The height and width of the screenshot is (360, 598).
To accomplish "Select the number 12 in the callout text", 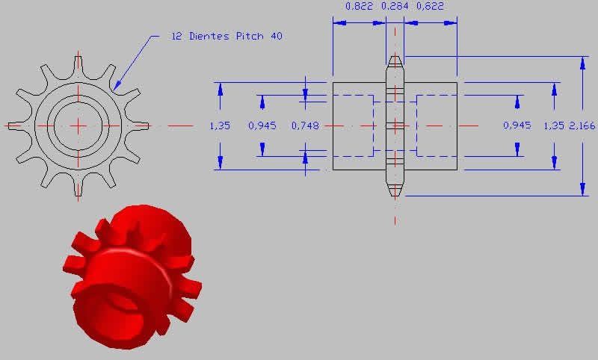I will point(177,36).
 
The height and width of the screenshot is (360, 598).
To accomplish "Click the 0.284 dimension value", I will point(395,7).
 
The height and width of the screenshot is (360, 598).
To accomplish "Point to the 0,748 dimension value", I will point(305,125).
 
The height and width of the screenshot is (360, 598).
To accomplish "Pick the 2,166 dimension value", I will point(582,125).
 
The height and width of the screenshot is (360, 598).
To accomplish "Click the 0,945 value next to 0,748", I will point(262,125).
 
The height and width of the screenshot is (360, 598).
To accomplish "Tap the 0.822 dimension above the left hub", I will point(358,7).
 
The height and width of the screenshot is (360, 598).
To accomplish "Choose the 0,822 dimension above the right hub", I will point(429,7).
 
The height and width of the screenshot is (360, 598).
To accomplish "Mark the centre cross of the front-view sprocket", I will point(78,125).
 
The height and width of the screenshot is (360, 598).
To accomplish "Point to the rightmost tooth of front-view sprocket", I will point(142,125).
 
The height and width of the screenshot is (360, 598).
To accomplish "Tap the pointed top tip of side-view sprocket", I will point(395,58).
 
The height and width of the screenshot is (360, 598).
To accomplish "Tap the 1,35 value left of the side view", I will point(221,125).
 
